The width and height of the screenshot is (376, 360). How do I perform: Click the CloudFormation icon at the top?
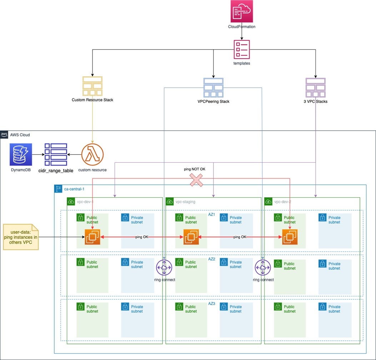tap(242, 12)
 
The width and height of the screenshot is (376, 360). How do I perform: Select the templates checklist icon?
tap(242, 49)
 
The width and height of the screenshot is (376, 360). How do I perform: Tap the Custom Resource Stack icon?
tap(92, 86)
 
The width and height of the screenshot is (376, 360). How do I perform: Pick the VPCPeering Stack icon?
tap(213, 87)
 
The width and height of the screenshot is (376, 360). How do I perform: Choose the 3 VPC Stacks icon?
tap(316, 87)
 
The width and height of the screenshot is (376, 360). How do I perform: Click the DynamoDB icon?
tap(21, 154)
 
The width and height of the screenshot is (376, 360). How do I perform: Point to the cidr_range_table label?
tap(56, 171)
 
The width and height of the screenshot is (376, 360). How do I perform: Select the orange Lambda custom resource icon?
tap(92, 154)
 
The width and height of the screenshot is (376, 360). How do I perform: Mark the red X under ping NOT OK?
tap(196, 180)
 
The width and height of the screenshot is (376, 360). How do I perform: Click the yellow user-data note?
tap(21, 237)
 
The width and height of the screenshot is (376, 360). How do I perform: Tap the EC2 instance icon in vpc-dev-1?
tap(92, 237)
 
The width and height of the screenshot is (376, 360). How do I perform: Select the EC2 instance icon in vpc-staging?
tap(191, 237)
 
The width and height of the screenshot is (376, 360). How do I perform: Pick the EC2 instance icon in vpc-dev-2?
tap(290, 237)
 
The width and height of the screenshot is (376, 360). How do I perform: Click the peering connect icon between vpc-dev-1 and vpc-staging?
tap(164, 268)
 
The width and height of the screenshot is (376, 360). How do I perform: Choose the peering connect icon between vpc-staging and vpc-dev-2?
tap(263, 268)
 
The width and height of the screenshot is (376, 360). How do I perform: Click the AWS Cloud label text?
tap(20, 135)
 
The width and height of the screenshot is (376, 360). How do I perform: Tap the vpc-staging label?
tap(185, 202)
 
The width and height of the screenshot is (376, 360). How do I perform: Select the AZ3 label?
tap(212, 303)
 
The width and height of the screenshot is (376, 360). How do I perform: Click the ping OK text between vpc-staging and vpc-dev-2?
tap(240, 237)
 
